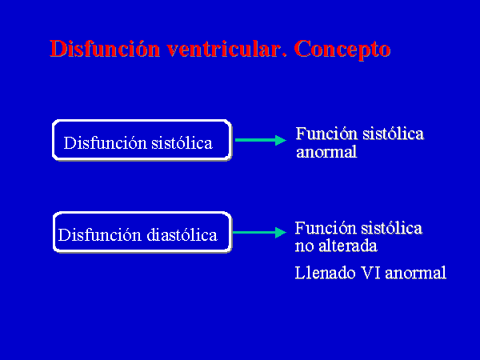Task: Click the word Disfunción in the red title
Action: click(105, 48)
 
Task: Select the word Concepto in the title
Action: click(342, 50)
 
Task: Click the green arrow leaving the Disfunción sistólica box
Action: click(261, 140)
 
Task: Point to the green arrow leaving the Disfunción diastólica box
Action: click(259, 232)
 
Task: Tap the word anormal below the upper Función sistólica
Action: click(326, 152)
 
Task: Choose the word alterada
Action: click(348, 246)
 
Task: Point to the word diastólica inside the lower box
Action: click(182, 235)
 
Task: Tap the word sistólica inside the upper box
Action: click(182, 143)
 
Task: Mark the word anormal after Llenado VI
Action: click(416, 273)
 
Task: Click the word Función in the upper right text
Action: click(326, 134)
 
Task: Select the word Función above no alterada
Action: click(326, 228)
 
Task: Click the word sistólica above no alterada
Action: click(392, 228)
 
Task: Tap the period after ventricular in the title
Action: click(284, 55)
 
